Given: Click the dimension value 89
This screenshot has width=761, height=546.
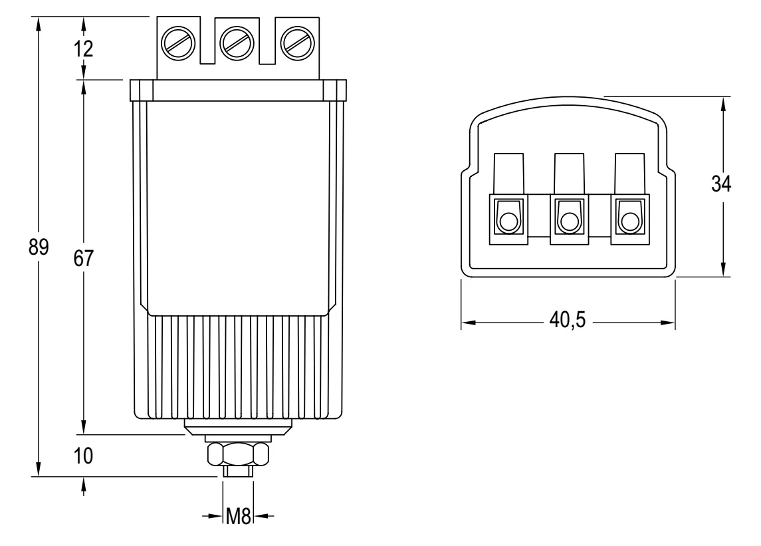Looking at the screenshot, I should [40, 247].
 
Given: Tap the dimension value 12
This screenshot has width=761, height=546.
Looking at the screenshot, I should [84, 49].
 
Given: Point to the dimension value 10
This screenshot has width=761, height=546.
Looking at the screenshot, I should [84, 456].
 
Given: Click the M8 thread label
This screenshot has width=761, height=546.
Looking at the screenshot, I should [238, 517].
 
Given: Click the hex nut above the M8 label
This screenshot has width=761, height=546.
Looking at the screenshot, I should [238, 454].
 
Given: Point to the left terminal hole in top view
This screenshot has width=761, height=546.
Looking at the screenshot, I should [508, 221].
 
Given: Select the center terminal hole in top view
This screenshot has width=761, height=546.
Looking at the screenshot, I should [569, 221].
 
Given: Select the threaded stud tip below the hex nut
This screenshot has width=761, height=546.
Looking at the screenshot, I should [237, 471].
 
